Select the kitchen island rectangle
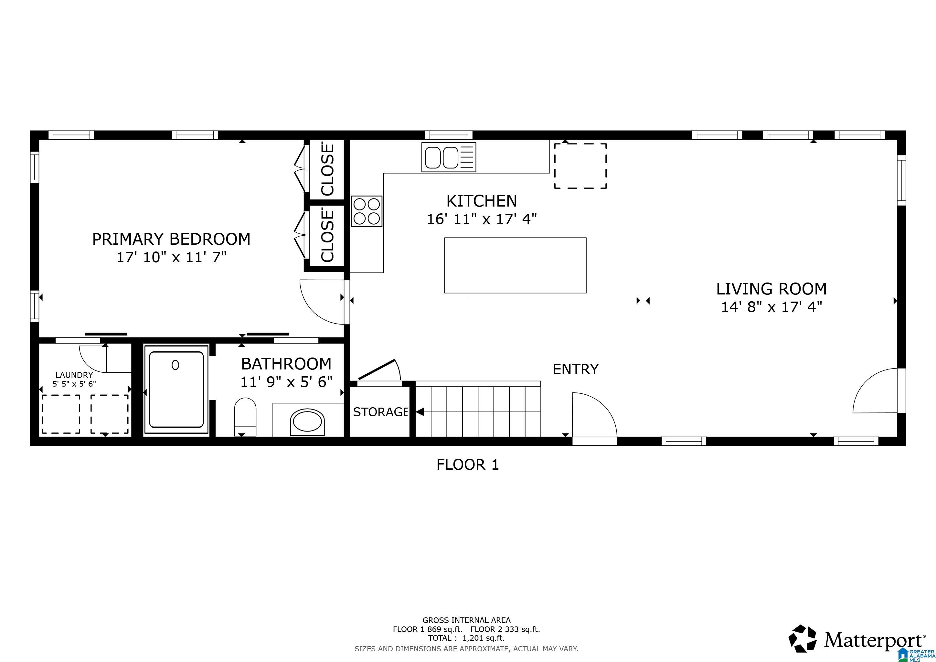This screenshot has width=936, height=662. pyautogui.click(x=515, y=265)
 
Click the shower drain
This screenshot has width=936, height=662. pyautogui.click(x=175, y=365)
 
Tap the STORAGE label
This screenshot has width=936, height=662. pyautogui.click(x=380, y=412)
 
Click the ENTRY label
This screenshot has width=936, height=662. pyautogui.click(x=575, y=369)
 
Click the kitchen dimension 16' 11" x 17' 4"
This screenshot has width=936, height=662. pyautogui.click(x=482, y=219)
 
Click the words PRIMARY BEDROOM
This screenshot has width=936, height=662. pyautogui.click(x=171, y=239)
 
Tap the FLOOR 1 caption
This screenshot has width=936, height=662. pyautogui.click(x=468, y=465)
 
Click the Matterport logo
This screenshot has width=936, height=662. pyautogui.click(x=856, y=639)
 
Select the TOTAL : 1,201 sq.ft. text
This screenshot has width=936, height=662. pyautogui.click(x=466, y=638)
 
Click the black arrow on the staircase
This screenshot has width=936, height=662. pyautogui.click(x=420, y=412)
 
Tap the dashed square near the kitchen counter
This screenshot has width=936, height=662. pyautogui.click(x=580, y=165)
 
